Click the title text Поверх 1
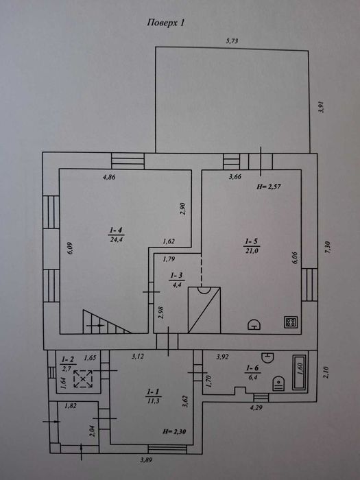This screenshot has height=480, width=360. pyautogui.click(x=166, y=23)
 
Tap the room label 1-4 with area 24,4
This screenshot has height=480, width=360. pyautogui.click(x=116, y=235)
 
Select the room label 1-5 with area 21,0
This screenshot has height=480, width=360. pyautogui.click(x=252, y=246)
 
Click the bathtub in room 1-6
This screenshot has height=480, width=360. pyautogui.click(x=300, y=372)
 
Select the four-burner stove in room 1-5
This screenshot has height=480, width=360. pyautogui.click(x=291, y=322)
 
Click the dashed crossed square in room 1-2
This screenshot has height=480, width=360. pyautogui.click(x=83, y=379)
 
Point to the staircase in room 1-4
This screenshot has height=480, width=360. pyautogui.click(x=107, y=322)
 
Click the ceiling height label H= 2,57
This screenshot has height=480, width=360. pyautogui.click(x=269, y=187)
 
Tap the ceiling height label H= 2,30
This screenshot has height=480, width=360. pyautogui.click(x=174, y=431)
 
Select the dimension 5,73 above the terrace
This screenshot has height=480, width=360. pyautogui.click(x=232, y=41)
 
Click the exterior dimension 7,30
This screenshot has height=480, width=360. pyautogui.click(x=328, y=247)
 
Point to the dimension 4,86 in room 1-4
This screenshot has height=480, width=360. pyautogui.click(x=109, y=177)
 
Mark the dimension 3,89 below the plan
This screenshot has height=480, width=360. pyautogui.click(x=146, y=460)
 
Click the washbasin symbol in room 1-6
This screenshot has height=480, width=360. pyautogui.click(x=267, y=357)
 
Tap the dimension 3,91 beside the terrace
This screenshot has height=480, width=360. pyautogui.click(x=321, y=107)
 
